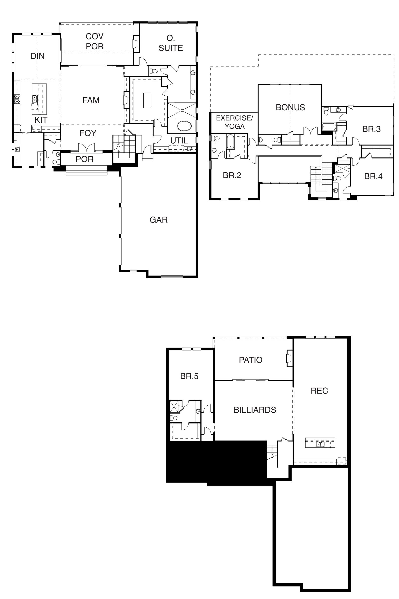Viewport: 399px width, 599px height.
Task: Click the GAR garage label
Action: click(159, 220)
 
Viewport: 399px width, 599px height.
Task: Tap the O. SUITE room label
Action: click(171, 43)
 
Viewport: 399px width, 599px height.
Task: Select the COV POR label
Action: click(95, 41)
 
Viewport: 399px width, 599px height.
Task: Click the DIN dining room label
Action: click(38, 56)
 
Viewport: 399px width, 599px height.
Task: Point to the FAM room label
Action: click(91, 100)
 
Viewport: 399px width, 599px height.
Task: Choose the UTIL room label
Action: click(179, 140)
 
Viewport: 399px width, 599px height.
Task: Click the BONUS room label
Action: click(290, 108)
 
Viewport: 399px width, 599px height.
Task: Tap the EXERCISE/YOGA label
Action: click(235, 122)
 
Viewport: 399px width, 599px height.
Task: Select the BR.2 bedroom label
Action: click(232, 175)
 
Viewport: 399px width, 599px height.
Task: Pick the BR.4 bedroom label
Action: click(373, 176)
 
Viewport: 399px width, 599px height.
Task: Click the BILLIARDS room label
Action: click(255, 410)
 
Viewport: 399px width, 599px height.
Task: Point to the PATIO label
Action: click(251, 360)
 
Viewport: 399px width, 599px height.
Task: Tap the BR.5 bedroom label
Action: click(189, 376)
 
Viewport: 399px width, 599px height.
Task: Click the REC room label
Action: click(319, 391)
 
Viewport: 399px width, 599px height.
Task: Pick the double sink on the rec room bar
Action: click(320, 445)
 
